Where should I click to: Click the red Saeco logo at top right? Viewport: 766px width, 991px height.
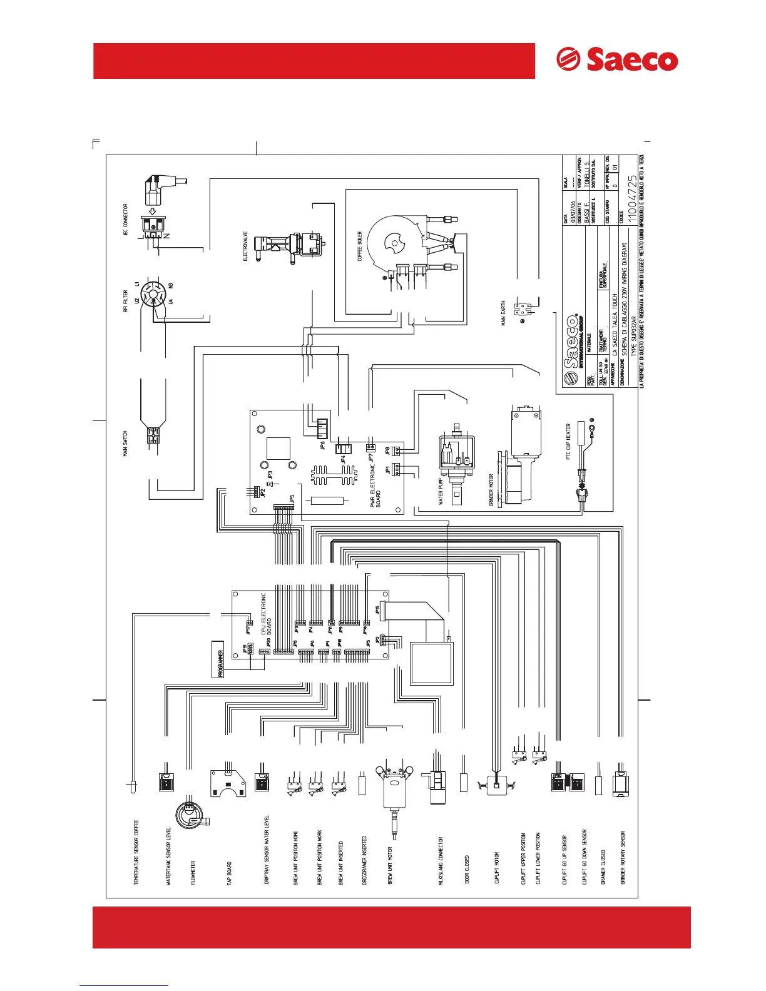coord(617,60)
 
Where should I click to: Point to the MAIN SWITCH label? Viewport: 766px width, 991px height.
coord(126,444)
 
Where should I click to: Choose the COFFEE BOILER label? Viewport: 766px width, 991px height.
coord(360,246)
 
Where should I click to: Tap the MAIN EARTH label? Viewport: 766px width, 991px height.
coord(503,313)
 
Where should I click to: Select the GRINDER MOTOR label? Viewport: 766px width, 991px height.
coord(492,489)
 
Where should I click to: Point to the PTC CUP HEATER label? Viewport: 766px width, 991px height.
coord(568,441)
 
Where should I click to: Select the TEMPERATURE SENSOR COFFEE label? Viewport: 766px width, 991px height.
coord(136,852)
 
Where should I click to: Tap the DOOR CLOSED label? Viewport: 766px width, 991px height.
coord(467,870)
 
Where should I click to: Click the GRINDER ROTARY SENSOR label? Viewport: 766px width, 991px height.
coord(623,857)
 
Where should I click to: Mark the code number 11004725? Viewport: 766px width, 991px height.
coord(632,196)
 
